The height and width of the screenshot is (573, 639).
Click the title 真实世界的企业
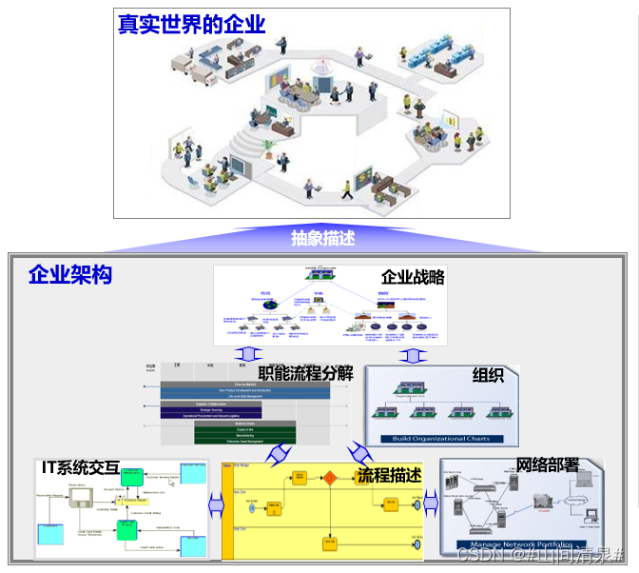[191, 25]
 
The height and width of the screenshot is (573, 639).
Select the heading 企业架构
[70, 275]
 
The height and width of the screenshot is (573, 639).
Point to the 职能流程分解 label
[306, 372]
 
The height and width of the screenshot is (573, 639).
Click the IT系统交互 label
[81, 467]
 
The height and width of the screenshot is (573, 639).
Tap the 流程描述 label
[389, 474]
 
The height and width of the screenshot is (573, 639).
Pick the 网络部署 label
[548, 465]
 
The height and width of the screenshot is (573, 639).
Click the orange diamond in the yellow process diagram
[330, 478]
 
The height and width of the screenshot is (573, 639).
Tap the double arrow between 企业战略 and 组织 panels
[412, 356]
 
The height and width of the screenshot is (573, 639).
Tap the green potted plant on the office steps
[268, 148]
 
